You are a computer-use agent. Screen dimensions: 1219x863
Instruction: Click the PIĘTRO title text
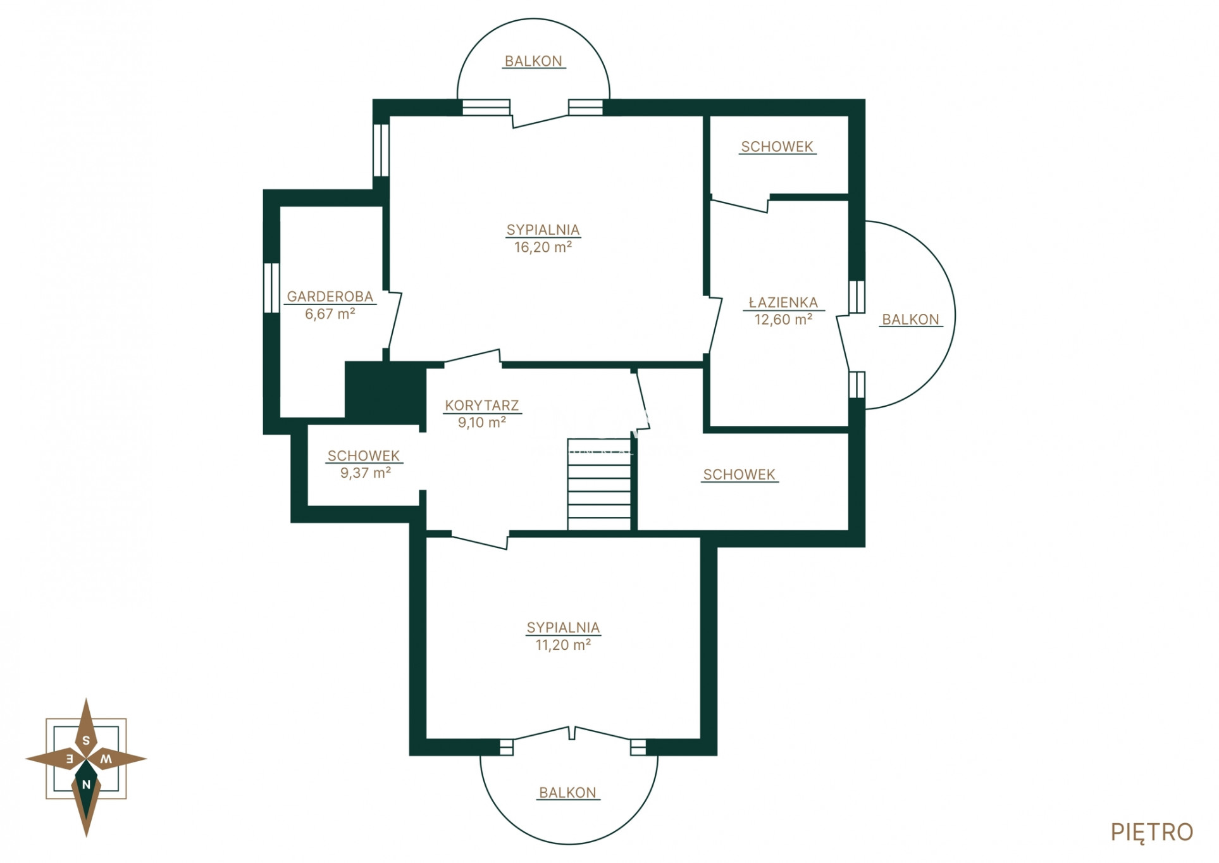coord(1151,832)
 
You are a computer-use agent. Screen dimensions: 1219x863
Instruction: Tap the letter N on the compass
coord(86,785)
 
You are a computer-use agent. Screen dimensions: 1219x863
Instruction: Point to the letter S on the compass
coord(86,740)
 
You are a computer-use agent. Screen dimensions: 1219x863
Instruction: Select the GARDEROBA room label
coord(330,296)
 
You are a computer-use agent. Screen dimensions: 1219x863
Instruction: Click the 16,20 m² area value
coord(543,247)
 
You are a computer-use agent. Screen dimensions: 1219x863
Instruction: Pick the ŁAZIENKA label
coord(783,302)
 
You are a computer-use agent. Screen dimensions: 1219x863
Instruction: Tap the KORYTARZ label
coord(481,405)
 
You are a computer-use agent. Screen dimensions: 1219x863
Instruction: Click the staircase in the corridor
coord(599,484)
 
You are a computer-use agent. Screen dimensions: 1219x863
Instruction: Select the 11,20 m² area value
coord(563,645)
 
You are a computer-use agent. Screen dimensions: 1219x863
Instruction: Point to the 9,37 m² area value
coord(365,473)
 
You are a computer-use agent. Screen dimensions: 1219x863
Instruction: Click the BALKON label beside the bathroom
coord(910,320)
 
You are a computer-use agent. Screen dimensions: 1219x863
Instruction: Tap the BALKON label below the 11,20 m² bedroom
coord(567,793)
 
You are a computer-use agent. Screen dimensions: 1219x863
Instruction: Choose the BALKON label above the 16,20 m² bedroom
coord(533,61)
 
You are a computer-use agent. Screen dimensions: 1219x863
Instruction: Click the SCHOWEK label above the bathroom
coord(777,147)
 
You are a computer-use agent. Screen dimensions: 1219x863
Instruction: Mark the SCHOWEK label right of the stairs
coord(739,475)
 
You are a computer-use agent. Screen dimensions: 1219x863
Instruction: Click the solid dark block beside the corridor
coord(385,392)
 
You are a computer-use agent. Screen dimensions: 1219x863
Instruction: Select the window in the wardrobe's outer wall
coord(271,288)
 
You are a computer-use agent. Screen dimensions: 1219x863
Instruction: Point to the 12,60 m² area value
coord(783,320)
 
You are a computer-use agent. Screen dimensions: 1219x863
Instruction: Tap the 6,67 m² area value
coord(330,314)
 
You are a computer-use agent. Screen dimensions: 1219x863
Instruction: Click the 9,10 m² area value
coord(481,422)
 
